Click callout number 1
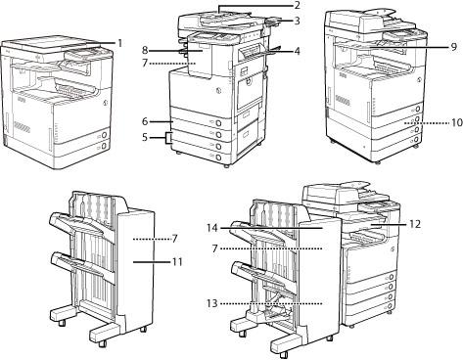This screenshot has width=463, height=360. coord(119,43)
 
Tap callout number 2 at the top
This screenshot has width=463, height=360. coord(297,5)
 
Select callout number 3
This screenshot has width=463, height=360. coord(297,21)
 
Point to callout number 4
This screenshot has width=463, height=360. coord(297,51)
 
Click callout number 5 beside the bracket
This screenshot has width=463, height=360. coord(145,137)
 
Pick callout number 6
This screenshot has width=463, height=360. coord(145,121)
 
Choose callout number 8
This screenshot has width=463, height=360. coord(145,50)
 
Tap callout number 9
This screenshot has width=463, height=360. coord(454,47)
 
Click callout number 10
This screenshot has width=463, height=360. coord(457,122)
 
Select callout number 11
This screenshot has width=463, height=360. coord(177,261)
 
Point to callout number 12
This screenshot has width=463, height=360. coord(415,224)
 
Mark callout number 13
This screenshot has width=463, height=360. coord(211,303)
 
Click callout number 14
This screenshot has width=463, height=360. coord(211,228)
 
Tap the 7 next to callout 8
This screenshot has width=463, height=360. coord(145,63)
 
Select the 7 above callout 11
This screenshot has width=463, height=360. coord(174,239)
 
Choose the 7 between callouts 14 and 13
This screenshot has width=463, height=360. coord(214,248)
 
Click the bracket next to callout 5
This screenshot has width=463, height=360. coord(169,138)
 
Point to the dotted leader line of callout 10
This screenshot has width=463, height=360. coord(426,123)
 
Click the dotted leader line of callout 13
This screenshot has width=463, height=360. coord(271,303)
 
